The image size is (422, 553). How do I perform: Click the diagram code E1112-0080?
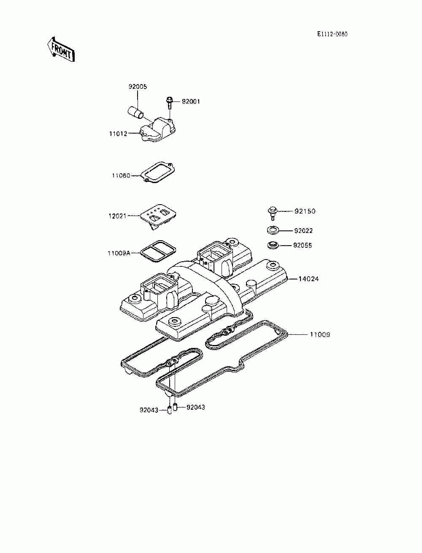[333, 35]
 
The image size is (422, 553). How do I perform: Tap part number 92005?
[138, 87]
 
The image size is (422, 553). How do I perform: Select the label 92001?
[191, 101]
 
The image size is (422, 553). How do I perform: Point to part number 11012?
[118, 134]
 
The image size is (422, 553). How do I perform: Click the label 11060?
[121, 175]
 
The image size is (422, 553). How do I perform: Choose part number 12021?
[118, 216]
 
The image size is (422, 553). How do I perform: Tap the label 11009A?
[119, 253]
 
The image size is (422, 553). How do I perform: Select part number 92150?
[305, 211]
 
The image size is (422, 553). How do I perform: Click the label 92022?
[303, 231]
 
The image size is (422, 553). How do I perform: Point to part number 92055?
[303, 246]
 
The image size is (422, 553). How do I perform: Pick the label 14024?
[308, 279]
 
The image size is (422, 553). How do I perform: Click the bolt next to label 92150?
[272, 212]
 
